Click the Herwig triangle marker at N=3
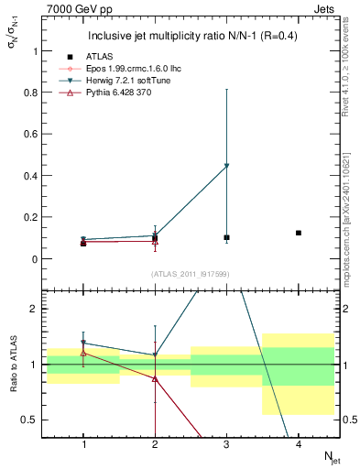226,166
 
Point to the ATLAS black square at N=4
299,233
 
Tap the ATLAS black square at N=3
226,237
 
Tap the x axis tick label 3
226,444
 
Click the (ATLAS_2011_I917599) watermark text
191,274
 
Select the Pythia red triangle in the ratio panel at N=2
155,378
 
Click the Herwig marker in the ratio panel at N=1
83,344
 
